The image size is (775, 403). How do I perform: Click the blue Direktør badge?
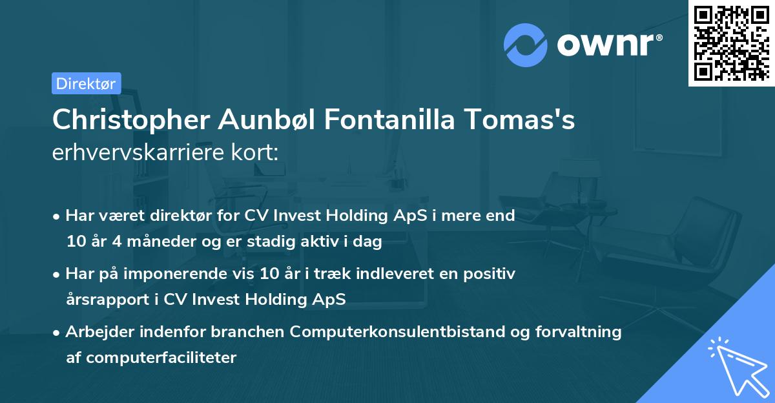click(86, 83)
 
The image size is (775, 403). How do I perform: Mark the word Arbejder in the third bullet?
click(96, 332)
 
